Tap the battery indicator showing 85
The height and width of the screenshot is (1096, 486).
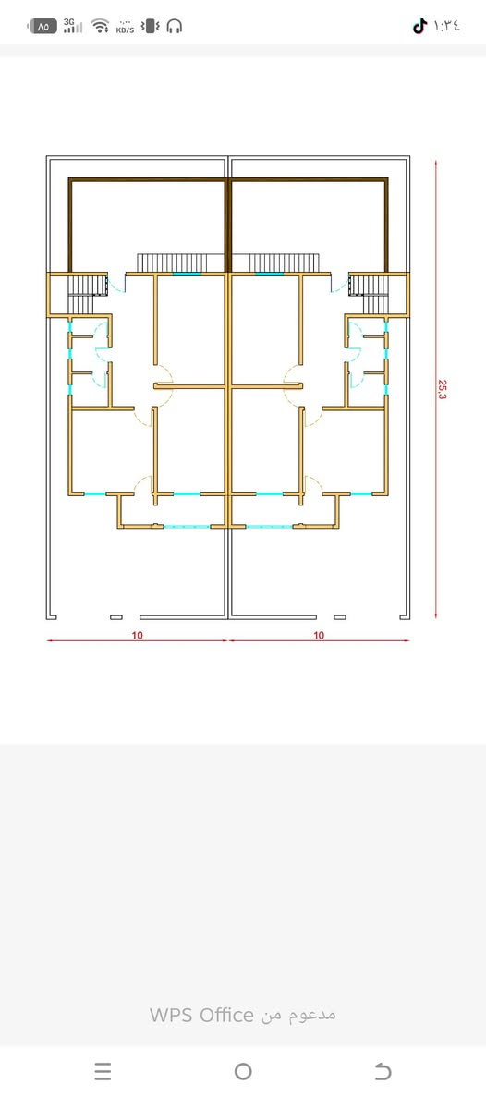tap(42, 27)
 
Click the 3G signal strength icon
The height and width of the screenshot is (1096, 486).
tap(73, 26)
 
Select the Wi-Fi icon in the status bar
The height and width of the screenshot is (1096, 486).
tap(101, 27)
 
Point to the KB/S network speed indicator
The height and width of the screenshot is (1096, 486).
tap(125, 27)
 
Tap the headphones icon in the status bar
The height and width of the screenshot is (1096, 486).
tap(175, 27)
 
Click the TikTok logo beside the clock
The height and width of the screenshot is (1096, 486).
tap(419, 27)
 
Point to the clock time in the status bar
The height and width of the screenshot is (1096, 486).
tap(447, 27)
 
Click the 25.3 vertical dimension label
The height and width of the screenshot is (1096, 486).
tap(443, 389)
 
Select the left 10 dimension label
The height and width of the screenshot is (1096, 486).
tap(137, 636)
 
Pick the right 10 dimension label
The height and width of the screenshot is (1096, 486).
tap(319, 636)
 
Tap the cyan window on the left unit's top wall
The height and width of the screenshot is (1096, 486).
tap(187, 274)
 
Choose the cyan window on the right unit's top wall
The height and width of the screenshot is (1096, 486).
tap(269, 274)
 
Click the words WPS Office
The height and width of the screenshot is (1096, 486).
tap(200, 1015)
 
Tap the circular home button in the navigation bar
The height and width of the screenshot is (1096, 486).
tap(243, 1071)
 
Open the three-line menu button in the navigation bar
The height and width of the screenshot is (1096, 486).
tap(103, 1071)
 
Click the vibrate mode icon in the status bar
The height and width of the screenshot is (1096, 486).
tap(151, 27)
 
